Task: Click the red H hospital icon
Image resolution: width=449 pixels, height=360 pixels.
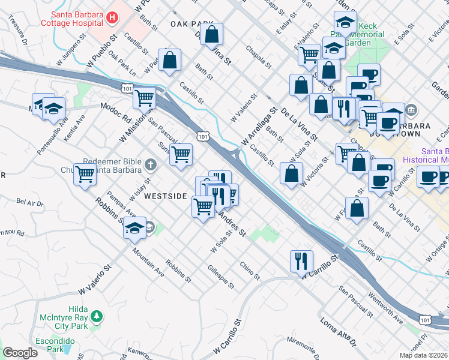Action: click(x=110, y=18)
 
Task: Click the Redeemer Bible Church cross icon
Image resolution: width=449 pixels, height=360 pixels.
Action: click(x=150, y=164)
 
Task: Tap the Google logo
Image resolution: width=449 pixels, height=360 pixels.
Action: click(x=20, y=353)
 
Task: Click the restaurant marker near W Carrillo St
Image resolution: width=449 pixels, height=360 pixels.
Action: click(x=301, y=260)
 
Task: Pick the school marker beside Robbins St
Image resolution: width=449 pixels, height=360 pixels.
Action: click(x=135, y=229)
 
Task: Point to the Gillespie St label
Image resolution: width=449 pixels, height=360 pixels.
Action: click(x=221, y=276)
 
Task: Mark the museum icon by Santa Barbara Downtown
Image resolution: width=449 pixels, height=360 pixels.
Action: click(x=411, y=110)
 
